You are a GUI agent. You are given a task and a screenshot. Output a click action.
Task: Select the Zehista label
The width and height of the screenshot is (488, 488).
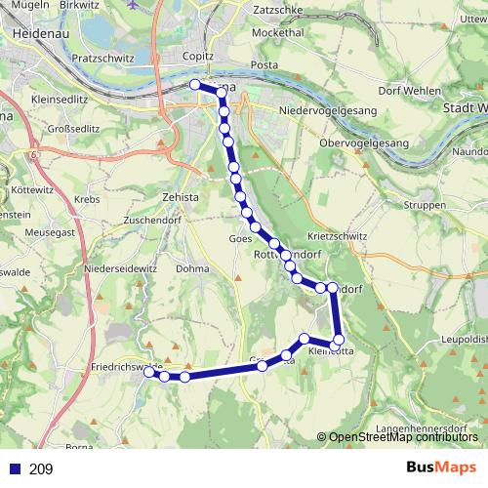click(181, 196)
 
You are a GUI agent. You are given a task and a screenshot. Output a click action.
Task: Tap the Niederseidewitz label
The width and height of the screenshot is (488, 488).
click(121, 267)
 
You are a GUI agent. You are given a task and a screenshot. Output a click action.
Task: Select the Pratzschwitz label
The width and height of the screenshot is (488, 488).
click(103, 58)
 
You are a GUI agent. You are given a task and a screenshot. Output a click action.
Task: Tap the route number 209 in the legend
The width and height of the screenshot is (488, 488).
click(41, 468)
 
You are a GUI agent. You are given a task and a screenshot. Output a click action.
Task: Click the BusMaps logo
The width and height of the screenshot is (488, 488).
click(440, 468)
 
